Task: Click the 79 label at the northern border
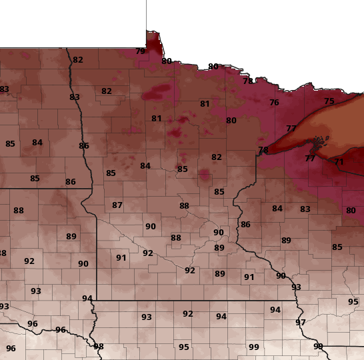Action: tap(140, 51)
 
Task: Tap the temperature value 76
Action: tap(274, 103)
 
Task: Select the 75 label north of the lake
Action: tap(329, 101)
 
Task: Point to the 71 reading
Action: tap(339, 162)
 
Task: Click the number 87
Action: tap(117, 205)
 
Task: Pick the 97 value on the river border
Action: tap(301, 323)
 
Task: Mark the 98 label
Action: tap(99, 347)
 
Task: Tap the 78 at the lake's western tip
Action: tap(263, 150)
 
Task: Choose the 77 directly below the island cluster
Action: tap(310, 159)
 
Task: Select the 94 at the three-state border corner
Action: tap(87, 299)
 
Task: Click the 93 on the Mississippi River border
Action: tap(296, 287)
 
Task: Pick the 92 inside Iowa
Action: tap(188, 314)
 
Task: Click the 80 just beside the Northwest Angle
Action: tap(167, 61)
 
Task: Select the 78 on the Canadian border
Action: tap(248, 81)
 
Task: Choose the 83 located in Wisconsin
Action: tap(305, 209)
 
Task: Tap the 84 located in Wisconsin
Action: tap(277, 209)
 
